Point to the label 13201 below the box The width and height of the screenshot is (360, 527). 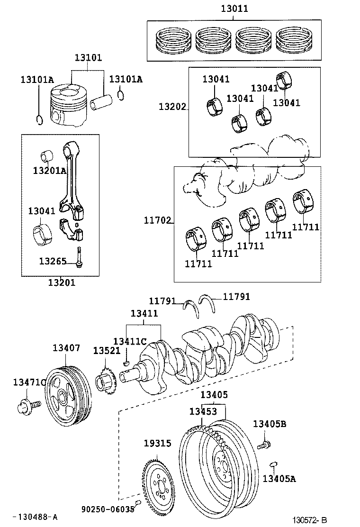62,283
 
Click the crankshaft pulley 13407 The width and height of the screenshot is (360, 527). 67,396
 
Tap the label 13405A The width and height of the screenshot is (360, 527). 279,479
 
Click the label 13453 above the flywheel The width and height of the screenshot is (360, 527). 203,411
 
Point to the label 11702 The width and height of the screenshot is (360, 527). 157,220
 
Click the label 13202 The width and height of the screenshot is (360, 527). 172,108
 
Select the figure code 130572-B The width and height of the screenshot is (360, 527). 309,520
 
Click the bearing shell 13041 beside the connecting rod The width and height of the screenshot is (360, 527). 42,236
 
